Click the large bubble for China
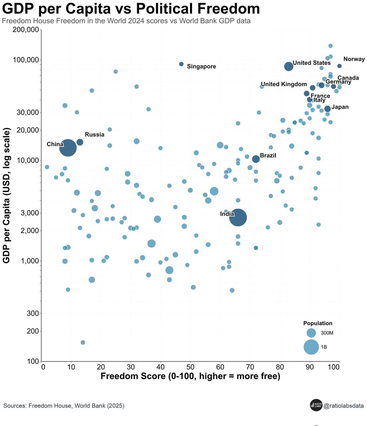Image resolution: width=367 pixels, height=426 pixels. tap(68, 148)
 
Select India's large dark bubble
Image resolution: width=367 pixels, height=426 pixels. tap(238, 218)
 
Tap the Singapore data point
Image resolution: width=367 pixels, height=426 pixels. tap(181, 64)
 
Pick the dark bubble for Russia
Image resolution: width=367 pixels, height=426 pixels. tap(80, 142)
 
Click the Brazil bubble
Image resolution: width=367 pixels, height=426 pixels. tap(256, 159)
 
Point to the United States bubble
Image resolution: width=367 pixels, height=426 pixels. tap(289, 66)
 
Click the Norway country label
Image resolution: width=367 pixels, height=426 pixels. tap(354, 59)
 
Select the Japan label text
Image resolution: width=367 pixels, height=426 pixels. tap(340, 107)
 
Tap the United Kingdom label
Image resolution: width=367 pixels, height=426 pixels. tap(284, 84)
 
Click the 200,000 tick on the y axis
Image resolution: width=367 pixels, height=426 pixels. tap(26, 30)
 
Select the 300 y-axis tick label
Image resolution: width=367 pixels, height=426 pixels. tap(33, 314)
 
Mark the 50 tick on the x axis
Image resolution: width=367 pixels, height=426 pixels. tap(190, 367)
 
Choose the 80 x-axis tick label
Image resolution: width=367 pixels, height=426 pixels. tap(280, 367)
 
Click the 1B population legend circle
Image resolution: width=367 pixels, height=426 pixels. tap(311, 347)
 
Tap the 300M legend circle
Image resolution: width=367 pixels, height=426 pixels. tap(311, 333)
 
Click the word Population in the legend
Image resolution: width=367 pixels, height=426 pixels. tap(318, 323)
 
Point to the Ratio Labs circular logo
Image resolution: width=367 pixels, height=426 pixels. tap(316, 405)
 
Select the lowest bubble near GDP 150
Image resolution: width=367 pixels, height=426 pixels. tap(83, 342)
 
